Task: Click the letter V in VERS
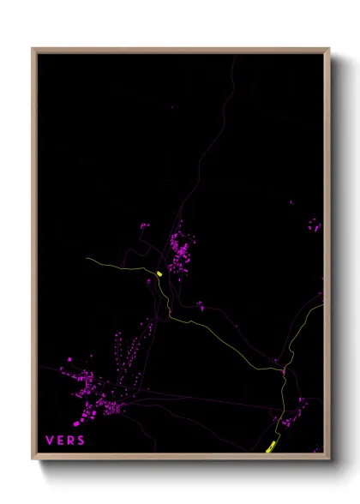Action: (x=50, y=440)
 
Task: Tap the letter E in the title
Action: (x=60, y=440)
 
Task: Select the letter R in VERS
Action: (x=70, y=440)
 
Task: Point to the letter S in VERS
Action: (x=81, y=440)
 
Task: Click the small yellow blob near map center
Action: (x=159, y=274)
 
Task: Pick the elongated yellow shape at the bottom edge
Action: (x=271, y=446)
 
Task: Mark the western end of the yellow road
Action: (x=87, y=258)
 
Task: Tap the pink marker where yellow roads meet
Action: (x=283, y=371)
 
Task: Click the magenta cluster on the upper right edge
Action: (x=315, y=227)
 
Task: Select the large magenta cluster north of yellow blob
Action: (x=180, y=249)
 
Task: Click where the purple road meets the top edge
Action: (x=233, y=56)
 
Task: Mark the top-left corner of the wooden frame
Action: (x=33, y=49)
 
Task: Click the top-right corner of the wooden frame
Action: (x=329, y=49)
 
